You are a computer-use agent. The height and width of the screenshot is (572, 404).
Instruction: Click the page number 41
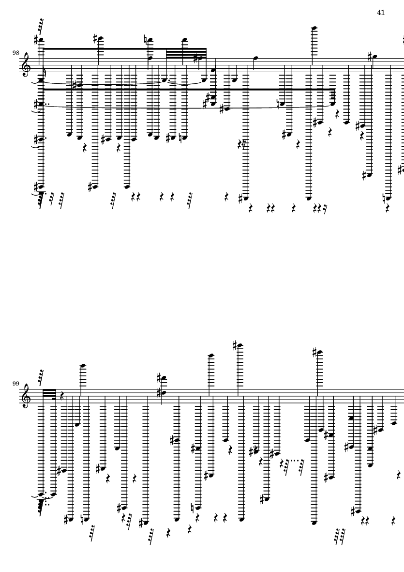381,13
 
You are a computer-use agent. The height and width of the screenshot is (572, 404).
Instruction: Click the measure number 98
15,53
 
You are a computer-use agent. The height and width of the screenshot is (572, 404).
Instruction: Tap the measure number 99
15,384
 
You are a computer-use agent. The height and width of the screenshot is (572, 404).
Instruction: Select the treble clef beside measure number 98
27,64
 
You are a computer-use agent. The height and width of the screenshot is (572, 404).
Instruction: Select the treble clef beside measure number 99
27,395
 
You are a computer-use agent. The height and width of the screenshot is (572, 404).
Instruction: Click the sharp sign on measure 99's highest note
235,345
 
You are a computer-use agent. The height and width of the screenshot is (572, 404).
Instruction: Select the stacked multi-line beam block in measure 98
186,53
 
